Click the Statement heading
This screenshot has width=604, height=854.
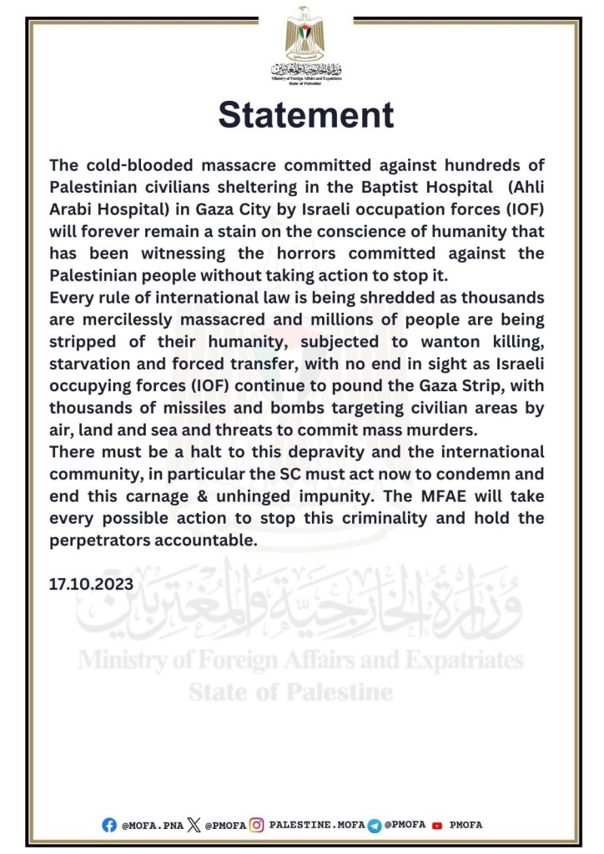(305, 115)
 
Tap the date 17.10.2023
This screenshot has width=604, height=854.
(91, 585)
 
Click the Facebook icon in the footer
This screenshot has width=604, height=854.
(109, 825)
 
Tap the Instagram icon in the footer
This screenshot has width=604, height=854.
(258, 825)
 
